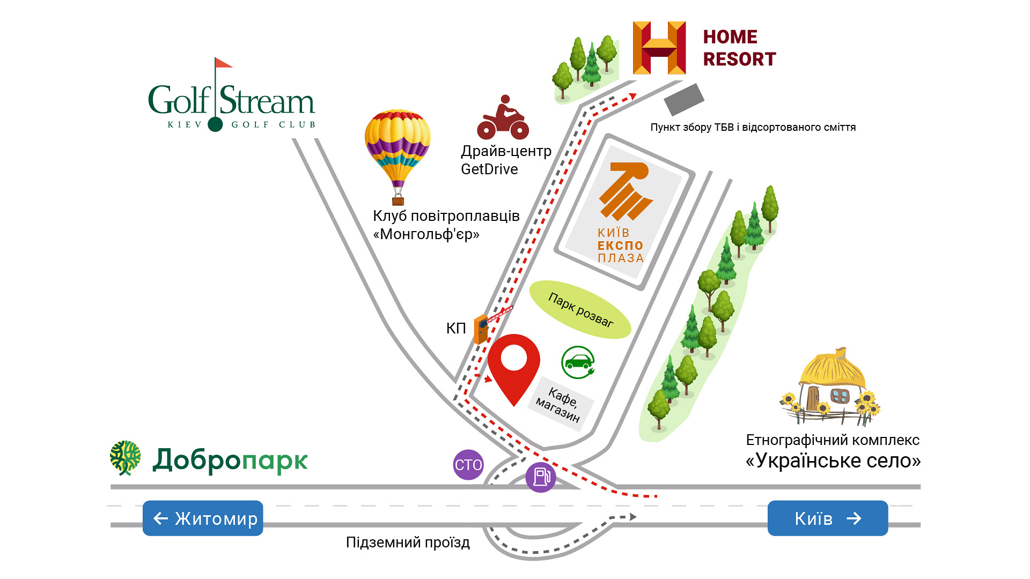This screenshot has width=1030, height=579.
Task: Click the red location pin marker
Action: coord(513,365)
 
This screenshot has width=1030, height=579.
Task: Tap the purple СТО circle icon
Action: coord(468,464)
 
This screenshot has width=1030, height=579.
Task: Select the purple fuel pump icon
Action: coord(541,477)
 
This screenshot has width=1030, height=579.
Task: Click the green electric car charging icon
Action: coord(578,362)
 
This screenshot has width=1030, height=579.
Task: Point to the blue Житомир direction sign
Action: coord(203,518)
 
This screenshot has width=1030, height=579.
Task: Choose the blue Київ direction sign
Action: coord(828,518)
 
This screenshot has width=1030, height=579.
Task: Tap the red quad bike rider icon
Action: coord(503,117)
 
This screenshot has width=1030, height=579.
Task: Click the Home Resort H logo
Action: coord(659,48)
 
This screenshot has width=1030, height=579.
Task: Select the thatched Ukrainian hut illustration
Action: coord(830,387)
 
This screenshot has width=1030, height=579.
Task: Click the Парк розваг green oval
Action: coord(580,309)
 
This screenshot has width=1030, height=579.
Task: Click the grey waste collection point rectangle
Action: coord(684,99)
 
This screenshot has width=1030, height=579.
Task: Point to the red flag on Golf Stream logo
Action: coord(223,63)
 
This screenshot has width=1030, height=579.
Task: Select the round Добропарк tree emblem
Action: coord(126,458)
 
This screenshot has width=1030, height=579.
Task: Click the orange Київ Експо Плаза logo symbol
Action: coord(625,191)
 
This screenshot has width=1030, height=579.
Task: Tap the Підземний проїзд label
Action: coord(408,543)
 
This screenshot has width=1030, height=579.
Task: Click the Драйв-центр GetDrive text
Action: coord(506,160)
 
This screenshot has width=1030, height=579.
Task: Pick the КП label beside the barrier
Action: coord(456,328)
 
